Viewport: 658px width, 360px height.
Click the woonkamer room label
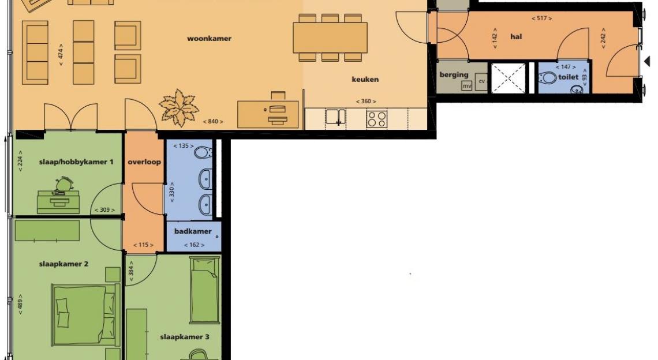point(209,39)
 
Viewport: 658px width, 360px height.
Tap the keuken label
point(365,79)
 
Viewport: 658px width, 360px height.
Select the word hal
point(516,36)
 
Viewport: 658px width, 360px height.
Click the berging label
point(454,74)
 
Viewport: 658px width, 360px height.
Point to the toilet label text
point(568,77)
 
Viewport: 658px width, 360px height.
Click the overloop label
point(144,162)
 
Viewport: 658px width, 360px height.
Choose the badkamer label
point(193,231)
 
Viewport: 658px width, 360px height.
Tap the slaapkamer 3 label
point(185,337)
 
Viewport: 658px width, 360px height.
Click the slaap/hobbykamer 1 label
point(76,162)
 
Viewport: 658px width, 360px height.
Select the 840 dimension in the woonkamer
point(213,122)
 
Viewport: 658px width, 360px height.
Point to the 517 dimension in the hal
point(541,18)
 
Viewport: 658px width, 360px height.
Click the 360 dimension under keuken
point(366,102)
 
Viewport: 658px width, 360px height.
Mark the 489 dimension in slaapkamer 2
point(20,305)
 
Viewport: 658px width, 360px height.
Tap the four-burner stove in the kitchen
point(376,119)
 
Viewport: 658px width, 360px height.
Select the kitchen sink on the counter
point(336,117)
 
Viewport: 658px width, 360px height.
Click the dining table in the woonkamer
point(330,37)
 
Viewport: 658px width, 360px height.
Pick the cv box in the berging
point(481,81)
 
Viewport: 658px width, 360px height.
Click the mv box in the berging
point(466,86)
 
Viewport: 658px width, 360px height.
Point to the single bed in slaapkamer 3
point(205,290)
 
